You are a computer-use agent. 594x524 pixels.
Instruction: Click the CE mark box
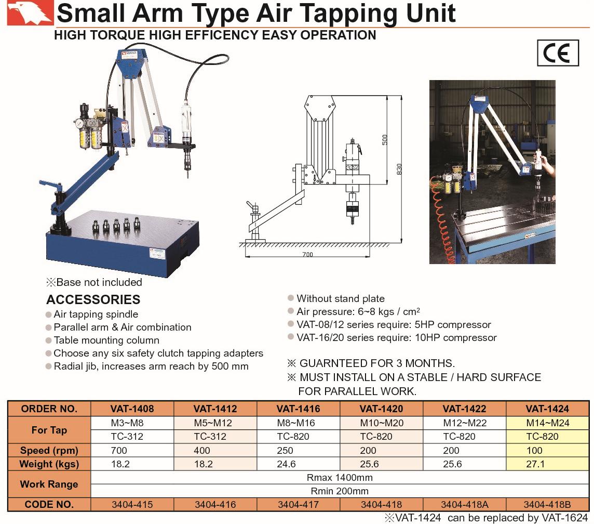coord(558,53)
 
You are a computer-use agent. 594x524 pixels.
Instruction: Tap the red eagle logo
coord(30,13)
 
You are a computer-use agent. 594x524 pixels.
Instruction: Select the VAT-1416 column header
coord(298,409)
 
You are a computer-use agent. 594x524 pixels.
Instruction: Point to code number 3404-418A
coord(464,505)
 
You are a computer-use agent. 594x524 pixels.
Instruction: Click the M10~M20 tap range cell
coord(382,423)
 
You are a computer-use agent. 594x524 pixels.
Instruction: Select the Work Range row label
coord(49,484)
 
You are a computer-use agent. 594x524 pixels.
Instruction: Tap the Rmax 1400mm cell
coord(340,477)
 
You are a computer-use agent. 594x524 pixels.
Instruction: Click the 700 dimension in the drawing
coord(307,254)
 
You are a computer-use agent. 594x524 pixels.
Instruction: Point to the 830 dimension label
coord(399,169)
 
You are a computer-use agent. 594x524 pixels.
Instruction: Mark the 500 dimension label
coord(385,139)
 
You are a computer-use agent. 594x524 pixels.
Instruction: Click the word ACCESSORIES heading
coord(93,299)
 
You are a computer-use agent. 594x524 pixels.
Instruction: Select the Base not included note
coord(94,282)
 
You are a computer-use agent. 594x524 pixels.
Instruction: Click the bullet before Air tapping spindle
coord(48,315)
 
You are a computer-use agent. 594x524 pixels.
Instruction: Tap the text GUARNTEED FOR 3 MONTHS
coord(377,363)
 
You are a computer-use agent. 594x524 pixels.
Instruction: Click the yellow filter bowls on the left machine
coord(91,138)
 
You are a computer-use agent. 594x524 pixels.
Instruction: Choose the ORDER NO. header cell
coord(49,409)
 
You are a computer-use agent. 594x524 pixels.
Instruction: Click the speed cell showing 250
coord(285,451)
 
